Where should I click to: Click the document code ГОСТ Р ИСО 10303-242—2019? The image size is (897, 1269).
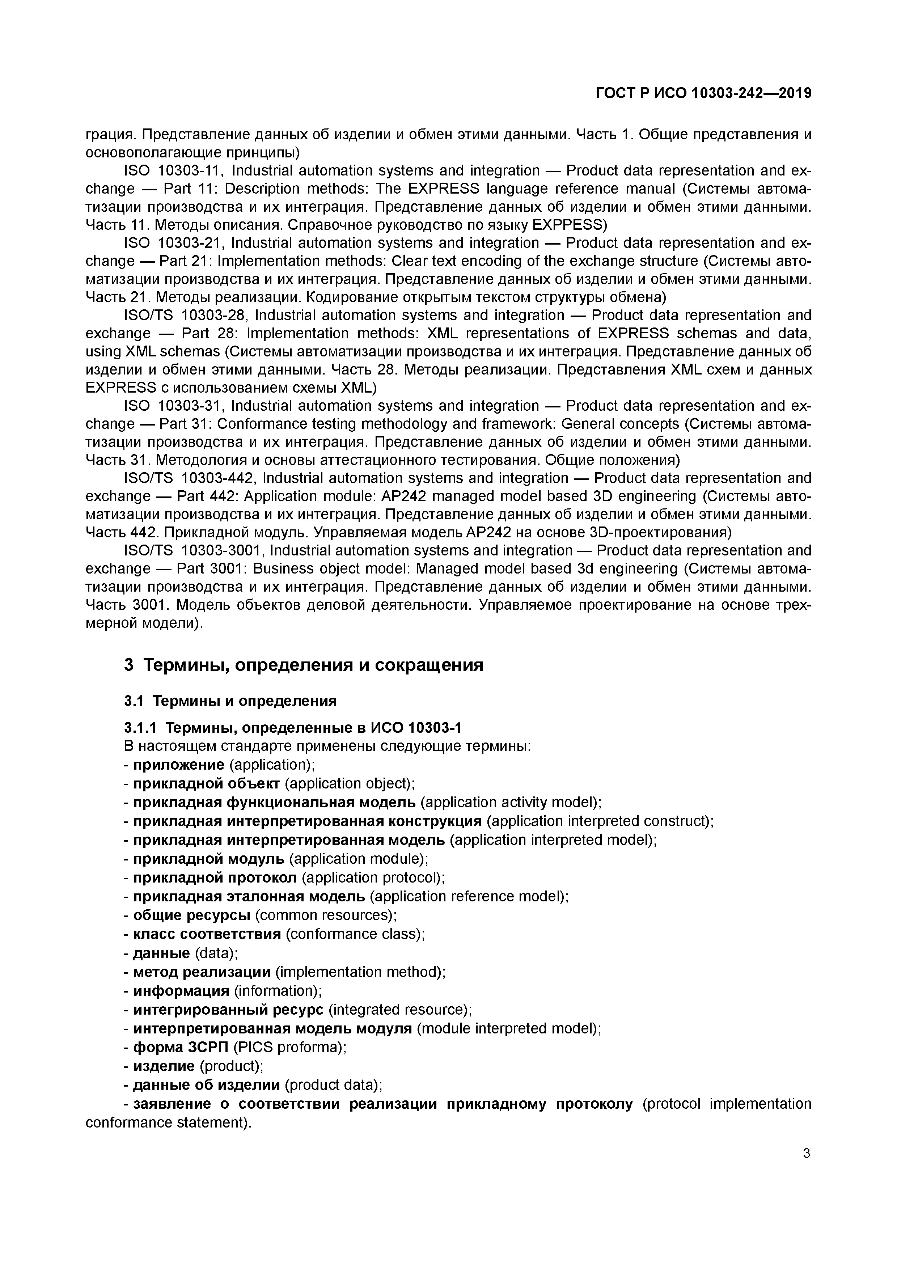(x=703, y=93)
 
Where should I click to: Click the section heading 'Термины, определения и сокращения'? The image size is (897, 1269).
(x=313, y=665)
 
